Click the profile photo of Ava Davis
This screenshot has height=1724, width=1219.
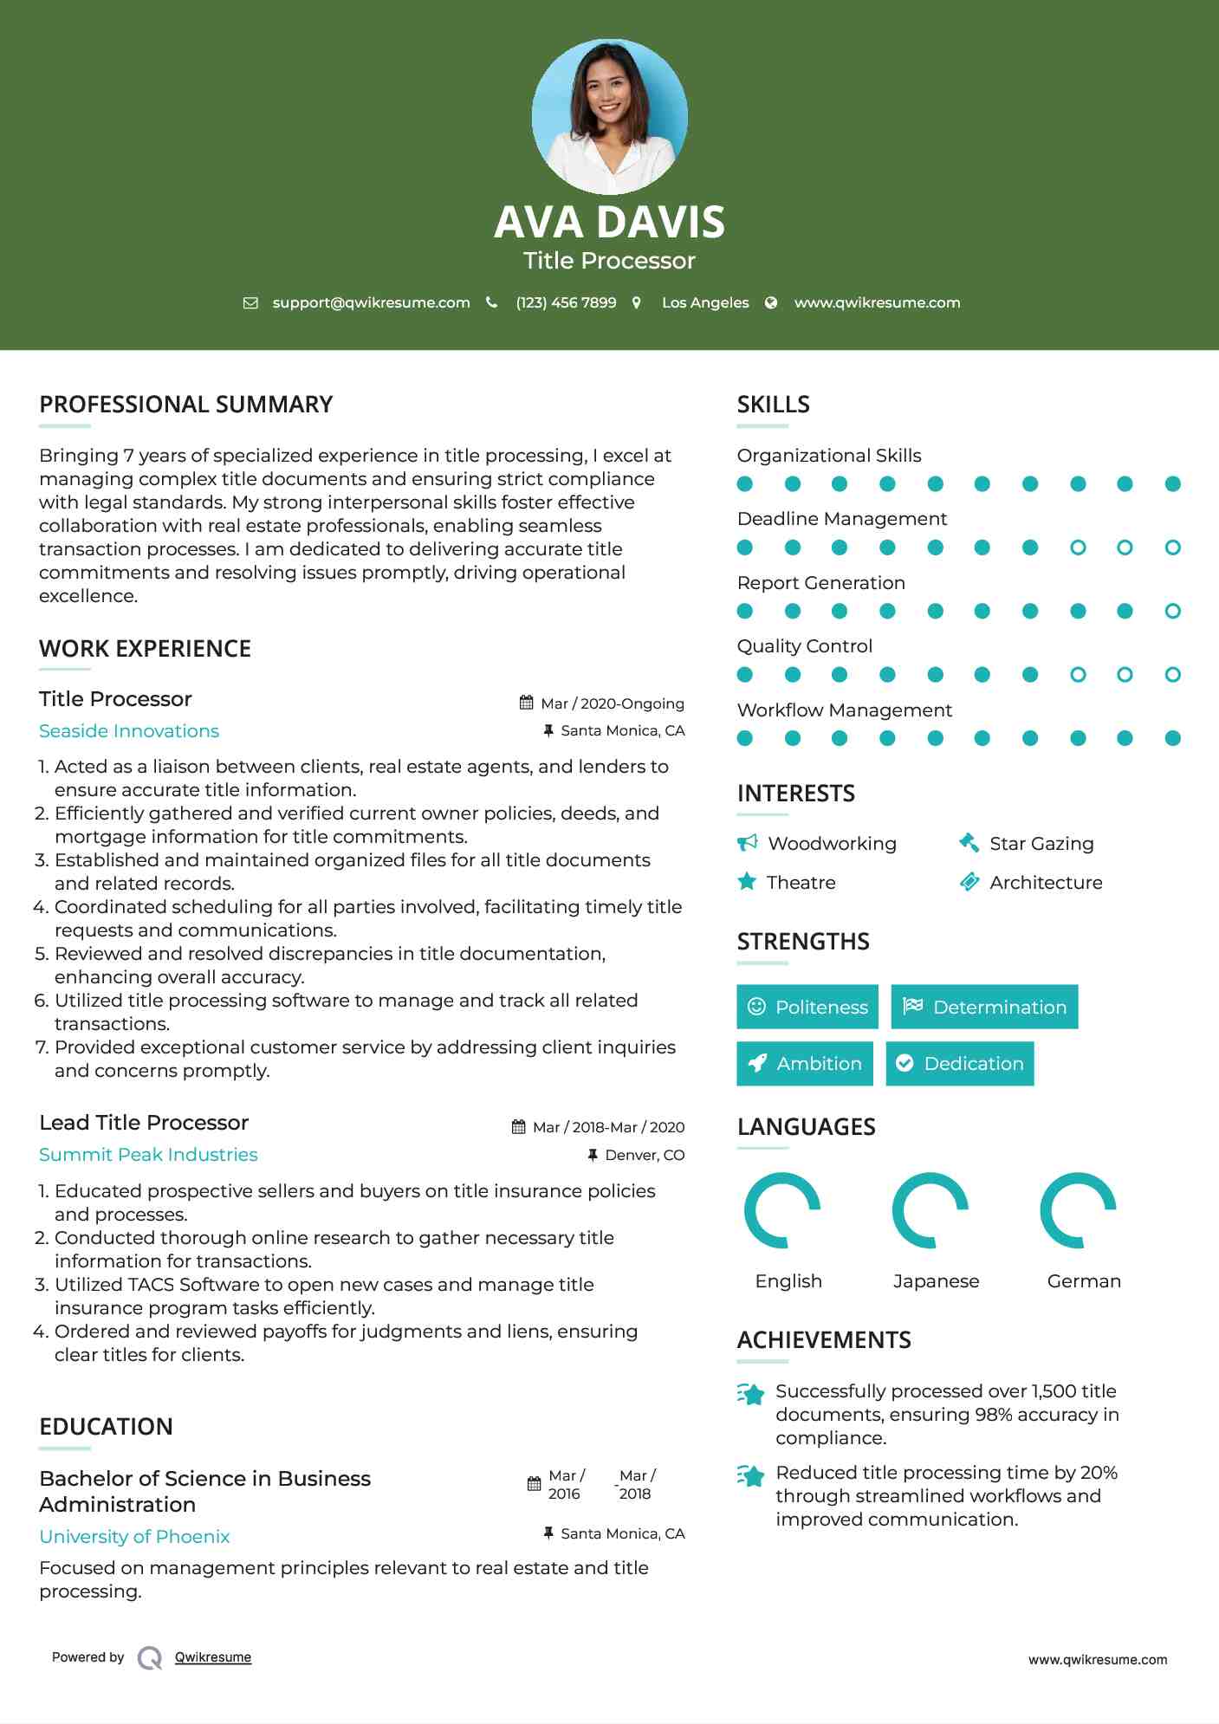click(609, 116)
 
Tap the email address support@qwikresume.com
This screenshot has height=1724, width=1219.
click(371, 302)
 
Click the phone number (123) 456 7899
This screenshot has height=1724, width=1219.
click(566, 302)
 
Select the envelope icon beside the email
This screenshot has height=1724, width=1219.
click(250, 302)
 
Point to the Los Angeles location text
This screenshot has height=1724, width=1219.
click(704, 302)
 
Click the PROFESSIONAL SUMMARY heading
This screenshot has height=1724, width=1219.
click(185, 405)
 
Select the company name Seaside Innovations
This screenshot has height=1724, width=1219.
click(129, 730)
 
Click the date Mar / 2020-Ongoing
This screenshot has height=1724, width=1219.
click(612, 703)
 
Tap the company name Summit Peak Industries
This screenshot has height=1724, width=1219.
click(148, 1154)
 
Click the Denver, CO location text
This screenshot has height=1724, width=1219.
click(645, 1155)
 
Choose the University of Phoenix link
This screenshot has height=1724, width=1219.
click(134, 1536)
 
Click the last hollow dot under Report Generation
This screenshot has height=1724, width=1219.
click(1172, 611)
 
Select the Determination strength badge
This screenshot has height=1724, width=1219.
click(984, 1007)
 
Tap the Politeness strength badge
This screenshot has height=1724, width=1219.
click(807, 1007)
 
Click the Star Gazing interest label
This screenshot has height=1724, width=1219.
click(1041, 843)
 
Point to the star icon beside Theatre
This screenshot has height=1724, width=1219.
click(747, 882)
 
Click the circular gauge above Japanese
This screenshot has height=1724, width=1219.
click(930, 1210)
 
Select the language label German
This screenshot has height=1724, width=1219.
click(1084, 1280)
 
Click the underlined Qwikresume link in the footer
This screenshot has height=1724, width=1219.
click(213, 1656)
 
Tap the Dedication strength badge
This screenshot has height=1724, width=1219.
click(960, 1063)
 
